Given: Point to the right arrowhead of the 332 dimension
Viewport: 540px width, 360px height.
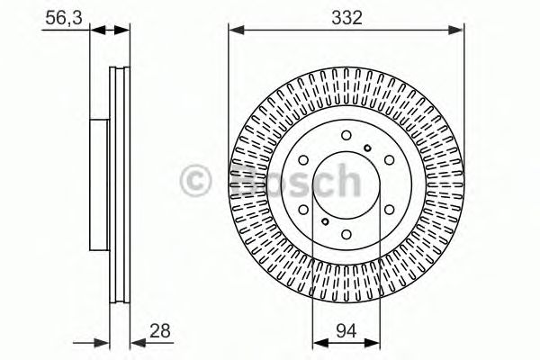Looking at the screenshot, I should (x=460, y=31).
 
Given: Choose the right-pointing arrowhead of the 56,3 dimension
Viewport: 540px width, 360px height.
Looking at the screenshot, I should (x=124, y=31).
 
